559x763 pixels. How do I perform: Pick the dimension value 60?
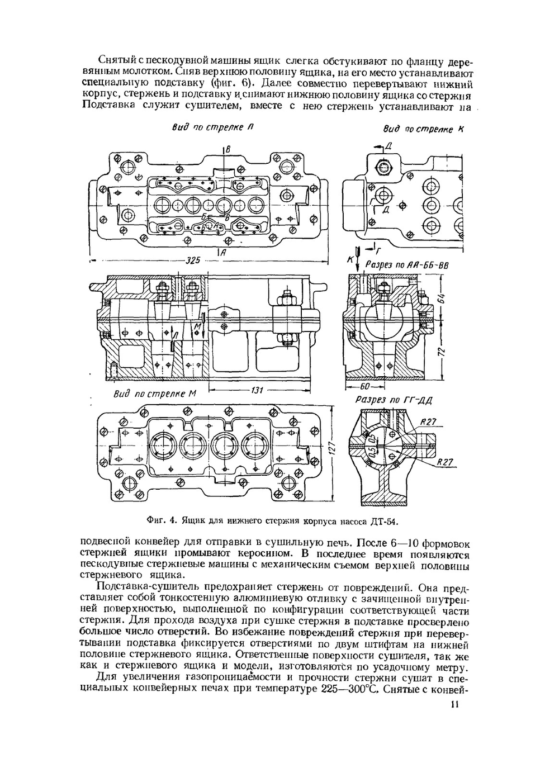367,386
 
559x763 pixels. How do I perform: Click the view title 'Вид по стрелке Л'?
213,128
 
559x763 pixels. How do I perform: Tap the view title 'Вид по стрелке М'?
155,394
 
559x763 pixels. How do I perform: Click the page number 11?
454,704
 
